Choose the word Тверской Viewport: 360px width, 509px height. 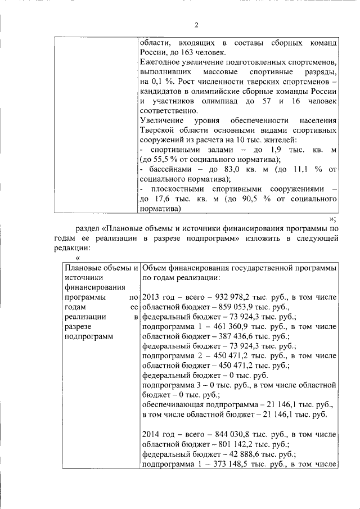[x=157, y=130]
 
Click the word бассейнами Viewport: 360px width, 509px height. [x=168, y=170]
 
